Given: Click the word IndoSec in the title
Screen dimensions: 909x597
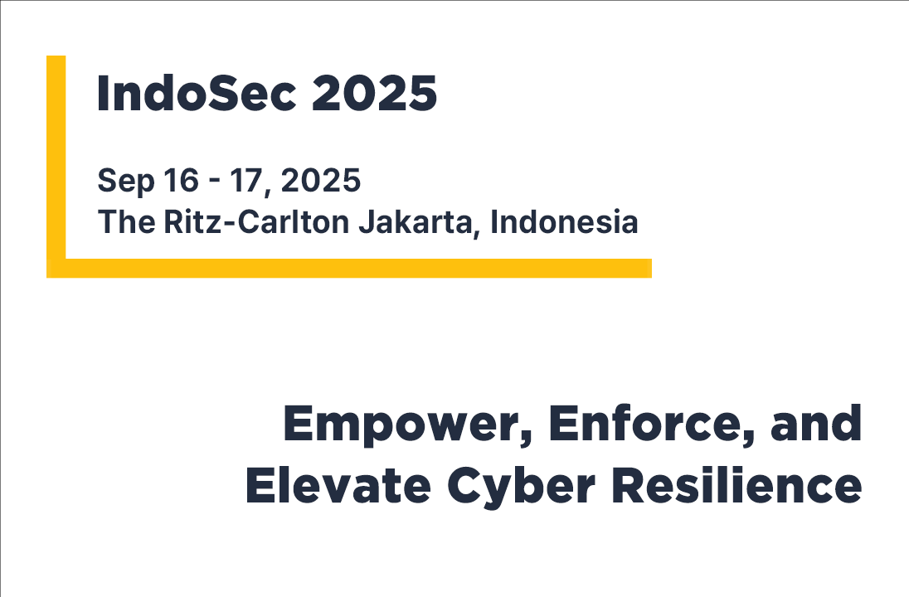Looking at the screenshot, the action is [197, 93].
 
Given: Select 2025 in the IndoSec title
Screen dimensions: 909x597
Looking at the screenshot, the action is [374, 93].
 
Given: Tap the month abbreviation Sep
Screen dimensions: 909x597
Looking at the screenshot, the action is [126, 182].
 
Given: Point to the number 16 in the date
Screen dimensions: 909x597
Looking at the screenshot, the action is [182, 180].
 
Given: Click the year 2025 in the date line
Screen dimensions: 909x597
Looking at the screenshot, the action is [321, 180].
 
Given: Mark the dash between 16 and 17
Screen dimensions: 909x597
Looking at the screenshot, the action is [215, 182].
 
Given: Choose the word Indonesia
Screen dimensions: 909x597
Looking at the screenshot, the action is [564, 222].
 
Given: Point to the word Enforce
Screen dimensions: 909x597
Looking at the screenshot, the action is [645, 424].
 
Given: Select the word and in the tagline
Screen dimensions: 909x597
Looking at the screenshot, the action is [815, 423].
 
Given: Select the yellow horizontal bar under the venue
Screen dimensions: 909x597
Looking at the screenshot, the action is [349, 269].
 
